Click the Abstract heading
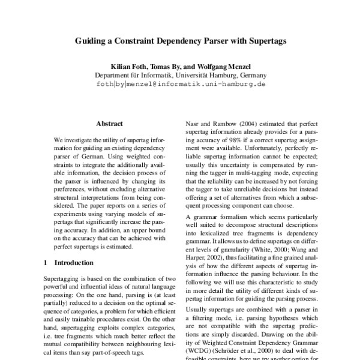click(109, 124)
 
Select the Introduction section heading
click(74, 263)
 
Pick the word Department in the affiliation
click(114, 76)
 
